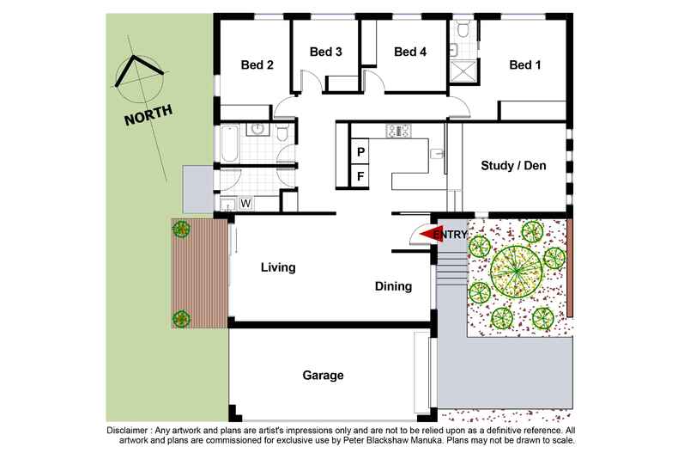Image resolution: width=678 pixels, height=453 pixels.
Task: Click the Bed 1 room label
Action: pyautogui.click(x=525, y=64)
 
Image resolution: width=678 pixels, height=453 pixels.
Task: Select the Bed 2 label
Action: pyautogui.click(x=257, y=64)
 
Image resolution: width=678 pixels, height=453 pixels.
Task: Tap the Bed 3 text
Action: pyautogui.click(x=326, y=52)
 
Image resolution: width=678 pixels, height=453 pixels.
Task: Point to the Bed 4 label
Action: pyautogui.click(x=410, y=52)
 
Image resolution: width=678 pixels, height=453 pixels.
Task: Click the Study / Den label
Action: pyautogui.click(x=513, y=166)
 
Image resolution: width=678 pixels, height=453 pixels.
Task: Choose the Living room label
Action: pyautogui.click(x=278, y=267)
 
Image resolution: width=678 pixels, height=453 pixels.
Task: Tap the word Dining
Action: pyautogui.click(x=393, y=286)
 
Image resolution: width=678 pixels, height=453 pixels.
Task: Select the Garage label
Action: pyautogui.click(x=323, y=376)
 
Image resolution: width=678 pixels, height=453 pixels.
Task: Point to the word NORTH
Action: pyautogui.click(x=148, y=114)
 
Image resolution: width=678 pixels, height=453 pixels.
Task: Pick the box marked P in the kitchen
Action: pyautogui.click(x=361, y=152)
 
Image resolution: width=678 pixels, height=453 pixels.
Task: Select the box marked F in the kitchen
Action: pyautogui.click(x=361, y=177)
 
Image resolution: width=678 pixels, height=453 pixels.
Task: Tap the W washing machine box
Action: pyautogui.click(x=245, y=204)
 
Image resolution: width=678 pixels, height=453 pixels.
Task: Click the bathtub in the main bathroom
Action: pyautogui.click(x=230, y=144)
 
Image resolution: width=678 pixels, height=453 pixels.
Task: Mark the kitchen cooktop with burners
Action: pyautogui.click(x=399, y=131)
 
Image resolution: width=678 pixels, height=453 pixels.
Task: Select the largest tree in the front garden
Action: pyautogui.click(x=514, y=272)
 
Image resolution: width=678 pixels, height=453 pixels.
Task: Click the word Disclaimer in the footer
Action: pyautogui.click(x=130, y=429)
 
